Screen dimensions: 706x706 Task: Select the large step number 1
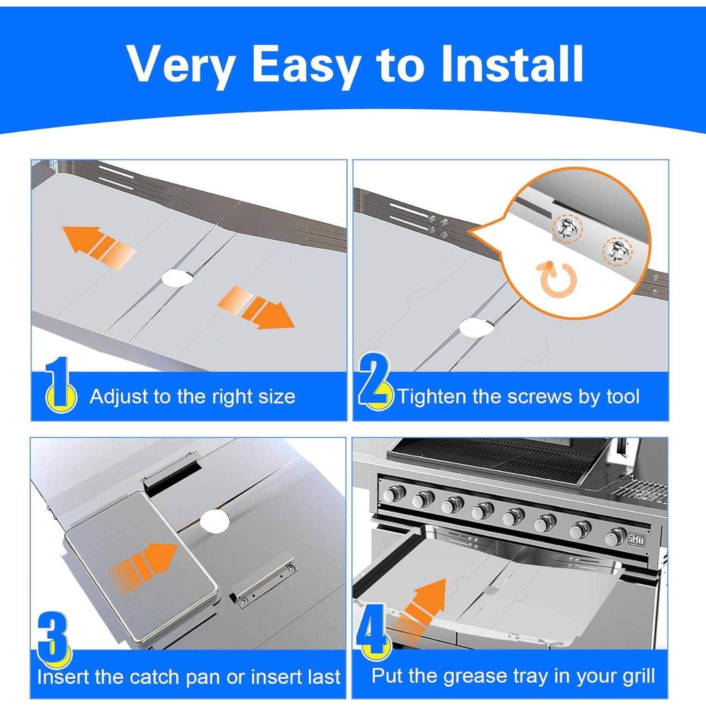coord(60,384)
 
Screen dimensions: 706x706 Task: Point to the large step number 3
coord(54,638)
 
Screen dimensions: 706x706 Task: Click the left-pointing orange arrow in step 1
coord(99,247)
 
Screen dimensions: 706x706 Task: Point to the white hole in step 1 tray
coord(177,278)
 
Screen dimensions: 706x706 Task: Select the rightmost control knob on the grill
coord(615,536)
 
